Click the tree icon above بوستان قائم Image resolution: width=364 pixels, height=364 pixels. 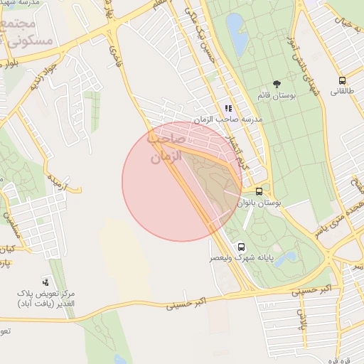[x=277, y=84]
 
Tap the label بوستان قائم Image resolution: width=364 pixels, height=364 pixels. [x=277, y=95]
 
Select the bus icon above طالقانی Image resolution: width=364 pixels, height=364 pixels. [x=342, y=80]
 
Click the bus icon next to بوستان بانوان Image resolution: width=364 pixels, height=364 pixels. [x=259, y=191]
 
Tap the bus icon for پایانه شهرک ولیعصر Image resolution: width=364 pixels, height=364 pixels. [x=242, y=245]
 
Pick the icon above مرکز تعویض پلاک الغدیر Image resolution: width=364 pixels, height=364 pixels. [x=46, y=282]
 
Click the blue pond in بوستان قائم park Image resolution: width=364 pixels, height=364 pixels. [x=236, y=33]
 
